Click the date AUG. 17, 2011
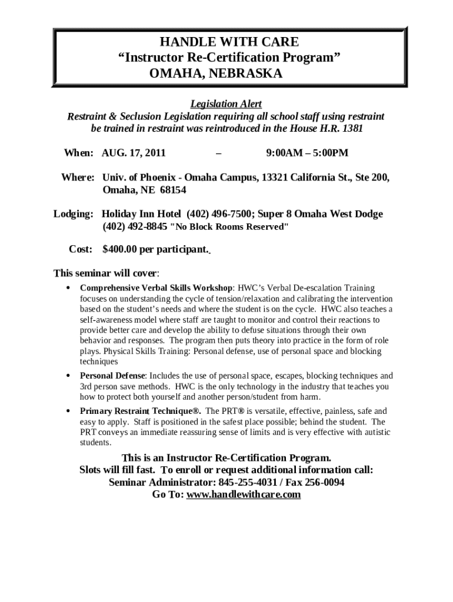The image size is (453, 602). point(134,153)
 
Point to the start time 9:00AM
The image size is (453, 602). point(285,153)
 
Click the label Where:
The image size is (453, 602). point(78,178)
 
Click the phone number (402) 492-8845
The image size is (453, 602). point(135,226)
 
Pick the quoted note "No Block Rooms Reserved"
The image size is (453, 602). point(229,227)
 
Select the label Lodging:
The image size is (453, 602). point(74,214)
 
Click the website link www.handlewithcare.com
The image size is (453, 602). point(244,494)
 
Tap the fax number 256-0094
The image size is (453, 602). point(322,482)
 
